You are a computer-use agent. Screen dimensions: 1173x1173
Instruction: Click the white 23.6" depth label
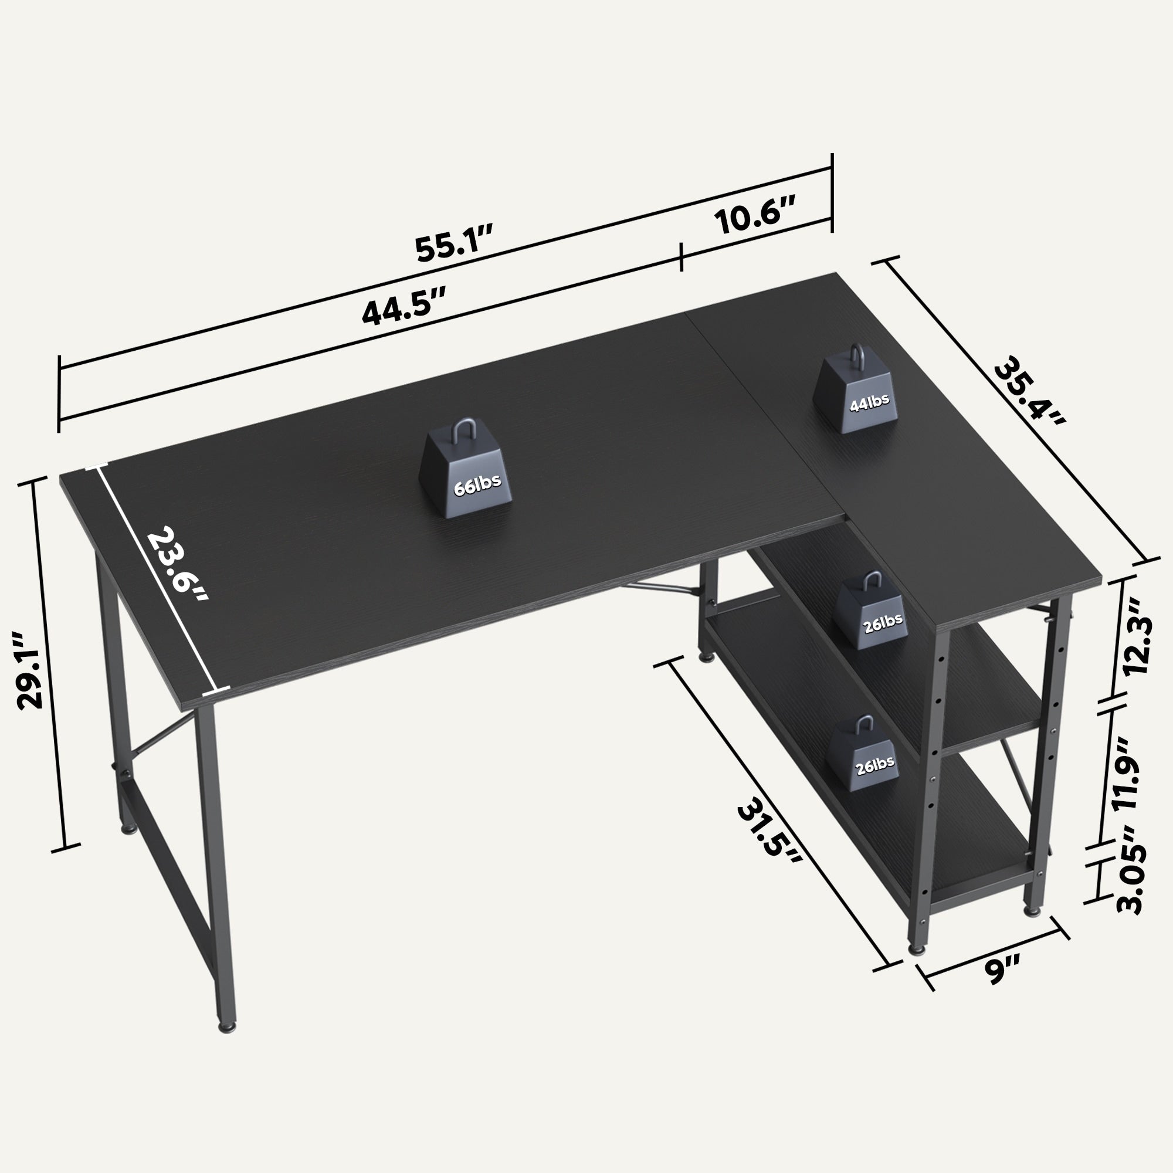point(178,565)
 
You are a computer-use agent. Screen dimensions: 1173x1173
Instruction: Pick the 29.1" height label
point(30,670)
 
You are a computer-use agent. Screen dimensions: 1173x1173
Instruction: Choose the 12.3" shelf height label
point(1132,635)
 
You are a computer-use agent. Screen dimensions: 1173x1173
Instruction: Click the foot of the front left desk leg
point(227,1028)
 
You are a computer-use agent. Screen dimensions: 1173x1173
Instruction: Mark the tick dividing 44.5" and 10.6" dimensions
point(681,256)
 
